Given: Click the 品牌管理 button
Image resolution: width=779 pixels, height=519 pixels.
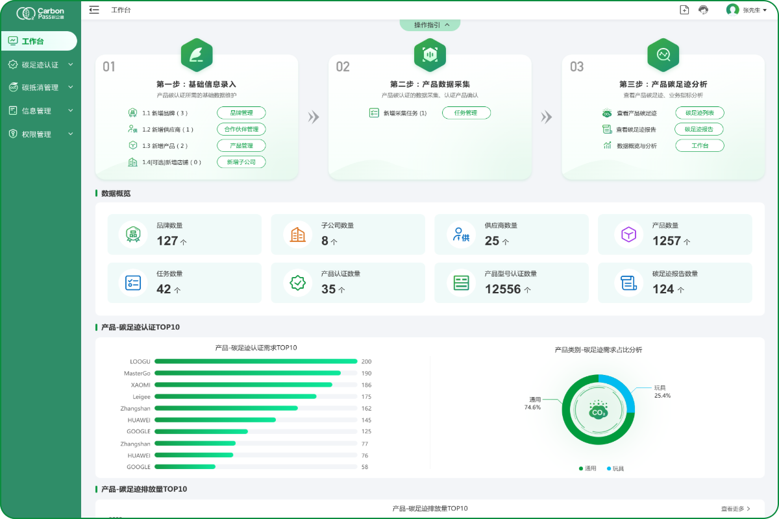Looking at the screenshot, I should [241, 113].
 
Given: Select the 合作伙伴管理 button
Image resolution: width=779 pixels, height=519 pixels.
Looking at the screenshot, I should [241, 129].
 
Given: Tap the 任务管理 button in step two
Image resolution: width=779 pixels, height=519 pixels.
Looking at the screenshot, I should [466, 113].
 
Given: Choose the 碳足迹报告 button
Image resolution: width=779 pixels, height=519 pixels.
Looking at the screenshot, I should [699, 129].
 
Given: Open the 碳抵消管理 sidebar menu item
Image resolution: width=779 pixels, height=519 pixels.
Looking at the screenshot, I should [40, 88].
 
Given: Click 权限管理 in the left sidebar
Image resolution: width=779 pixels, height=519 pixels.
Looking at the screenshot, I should [36, 134].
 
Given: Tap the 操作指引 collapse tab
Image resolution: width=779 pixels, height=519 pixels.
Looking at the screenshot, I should [430, 25].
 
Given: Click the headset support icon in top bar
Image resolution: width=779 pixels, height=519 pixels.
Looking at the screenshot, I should [703, 10].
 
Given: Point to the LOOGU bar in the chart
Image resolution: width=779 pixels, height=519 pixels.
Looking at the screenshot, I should [256, 361].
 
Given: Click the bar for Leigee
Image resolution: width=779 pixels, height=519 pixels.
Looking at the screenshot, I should [235, 396].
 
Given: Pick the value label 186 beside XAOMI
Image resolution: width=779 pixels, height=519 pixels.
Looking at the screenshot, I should [366, 385].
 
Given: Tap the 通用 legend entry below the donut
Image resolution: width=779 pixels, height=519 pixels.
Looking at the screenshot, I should [587, 468].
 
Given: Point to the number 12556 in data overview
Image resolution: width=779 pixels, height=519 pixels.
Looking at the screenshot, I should [502, 289].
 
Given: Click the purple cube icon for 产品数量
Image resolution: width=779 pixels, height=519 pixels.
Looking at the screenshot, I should [628, 234].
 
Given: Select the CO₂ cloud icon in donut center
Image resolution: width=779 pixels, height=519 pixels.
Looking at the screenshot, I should [598, 411].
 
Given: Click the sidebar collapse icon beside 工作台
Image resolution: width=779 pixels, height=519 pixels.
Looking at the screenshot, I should [94, 10].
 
